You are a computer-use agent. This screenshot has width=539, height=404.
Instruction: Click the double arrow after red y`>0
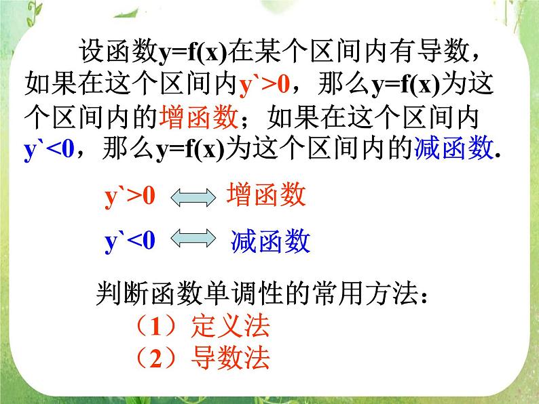pos(191,198)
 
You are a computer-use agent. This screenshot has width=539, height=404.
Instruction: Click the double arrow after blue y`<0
pos(191,241)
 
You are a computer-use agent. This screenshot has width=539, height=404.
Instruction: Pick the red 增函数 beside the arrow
pos(265,197)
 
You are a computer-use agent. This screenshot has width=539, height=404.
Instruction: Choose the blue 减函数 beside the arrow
pos(270,241)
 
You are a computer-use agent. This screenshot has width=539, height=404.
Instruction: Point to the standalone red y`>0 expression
pos(130,197)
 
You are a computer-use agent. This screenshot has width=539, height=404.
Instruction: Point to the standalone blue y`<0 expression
pos(130,241)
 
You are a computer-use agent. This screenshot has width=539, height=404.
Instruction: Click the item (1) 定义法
pos(202,327)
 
